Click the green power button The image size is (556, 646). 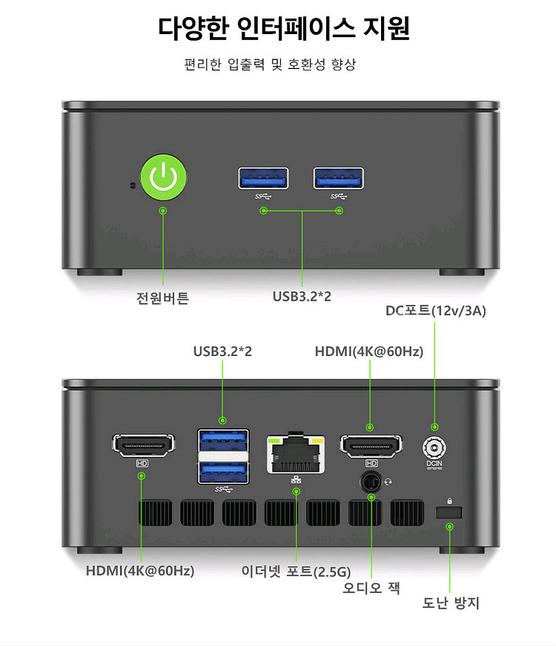[x=163, y=177]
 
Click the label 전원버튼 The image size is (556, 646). [x=163, y=298]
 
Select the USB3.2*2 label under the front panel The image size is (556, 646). [x=302, y=297]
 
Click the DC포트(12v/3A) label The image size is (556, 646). [x=436, y=311]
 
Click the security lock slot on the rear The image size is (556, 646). [x=449, y=512]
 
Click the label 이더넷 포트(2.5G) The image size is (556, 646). [x=296, y=572]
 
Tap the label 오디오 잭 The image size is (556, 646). [x=371, y=588]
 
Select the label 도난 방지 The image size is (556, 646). [x=451, y=603]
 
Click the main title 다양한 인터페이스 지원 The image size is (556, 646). [x=285, y=29]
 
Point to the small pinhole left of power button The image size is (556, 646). [x=132, y=185]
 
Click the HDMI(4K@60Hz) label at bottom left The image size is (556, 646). [x=140, y=571]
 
